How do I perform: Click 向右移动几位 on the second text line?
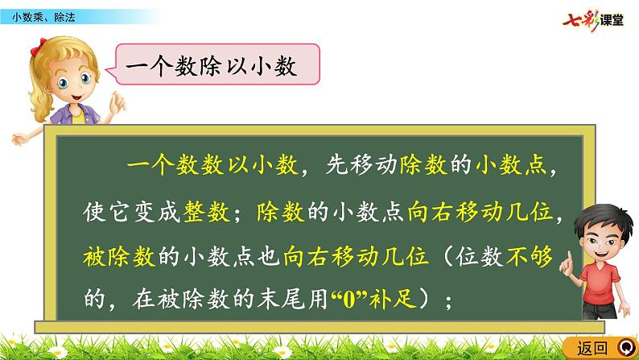click(482, 212)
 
